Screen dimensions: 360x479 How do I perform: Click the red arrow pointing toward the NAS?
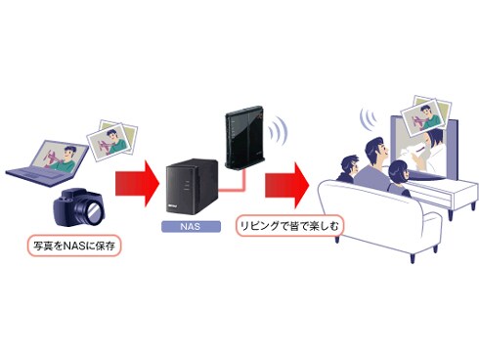[131, 180]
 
